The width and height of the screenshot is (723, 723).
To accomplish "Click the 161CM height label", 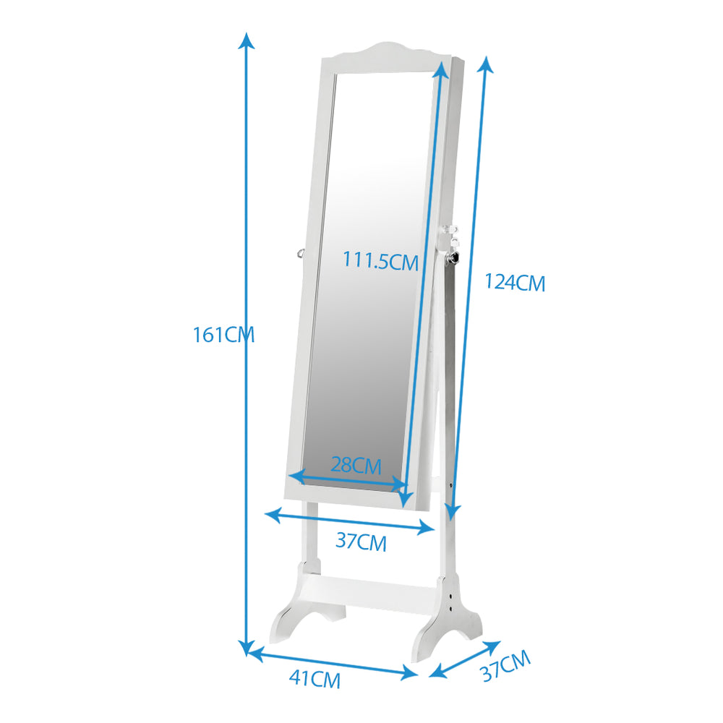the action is (223, 335).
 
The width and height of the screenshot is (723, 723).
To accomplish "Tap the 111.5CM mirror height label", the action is (380, 261).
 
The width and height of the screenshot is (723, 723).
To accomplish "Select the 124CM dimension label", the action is (515, 282).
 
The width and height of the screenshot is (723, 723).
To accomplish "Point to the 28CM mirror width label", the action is (356, 465).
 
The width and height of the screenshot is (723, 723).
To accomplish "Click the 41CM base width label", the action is (315, 679).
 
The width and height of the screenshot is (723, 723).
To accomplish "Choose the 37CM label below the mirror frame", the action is (361, 542).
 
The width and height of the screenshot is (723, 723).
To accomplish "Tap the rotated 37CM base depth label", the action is (506, 666).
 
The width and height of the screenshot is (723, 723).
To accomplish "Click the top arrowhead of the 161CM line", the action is (247, 40).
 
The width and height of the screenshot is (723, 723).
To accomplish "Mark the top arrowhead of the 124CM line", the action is (486, 64).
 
